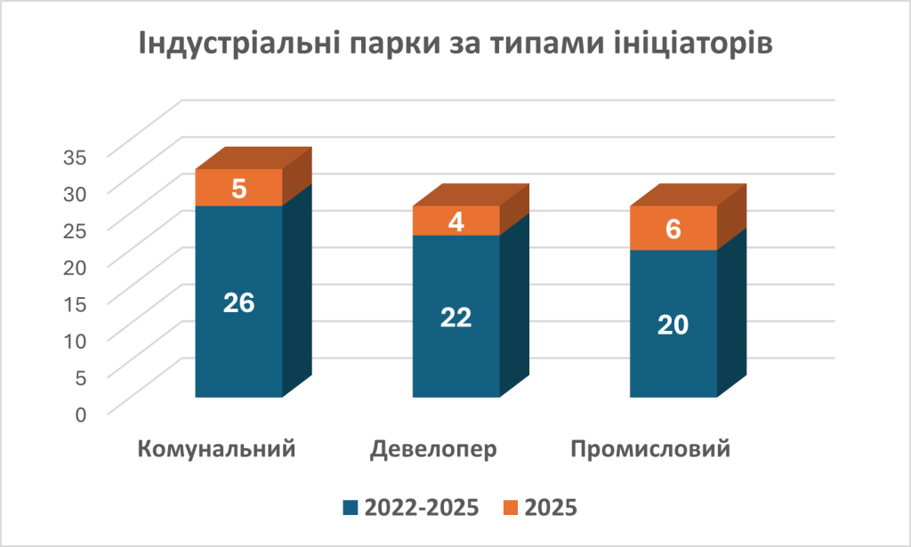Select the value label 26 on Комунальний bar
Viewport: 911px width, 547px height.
(x=238, y=302)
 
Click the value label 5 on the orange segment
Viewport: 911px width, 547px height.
(x=238, y=189)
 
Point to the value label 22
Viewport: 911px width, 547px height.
(x=455, y=317)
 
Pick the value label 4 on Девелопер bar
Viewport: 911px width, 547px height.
(x=456, y=221)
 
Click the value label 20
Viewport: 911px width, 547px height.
(x=673, y=325)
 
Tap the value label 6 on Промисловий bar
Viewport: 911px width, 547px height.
(x=673, y=229)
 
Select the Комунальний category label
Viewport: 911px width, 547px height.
(x=217, y=447)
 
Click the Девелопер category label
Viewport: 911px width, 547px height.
(x=433, y=447)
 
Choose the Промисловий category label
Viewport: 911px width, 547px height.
(x=650, y=447)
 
